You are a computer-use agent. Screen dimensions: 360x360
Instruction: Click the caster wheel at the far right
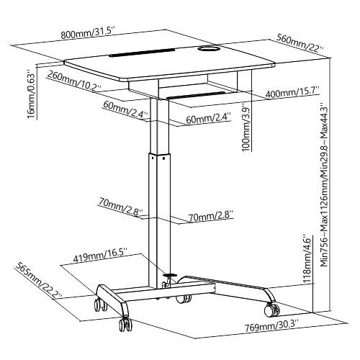274,310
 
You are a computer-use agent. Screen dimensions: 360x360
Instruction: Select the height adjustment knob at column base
172,274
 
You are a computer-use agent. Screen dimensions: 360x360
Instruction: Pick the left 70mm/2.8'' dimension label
120,209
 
